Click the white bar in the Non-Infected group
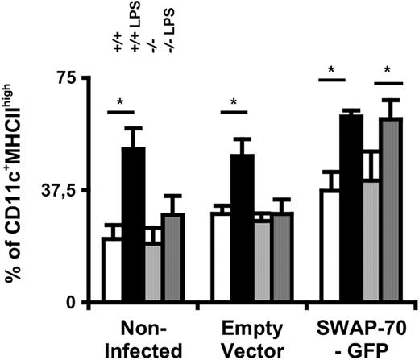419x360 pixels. (111, 270)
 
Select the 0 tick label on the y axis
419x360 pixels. (70, 302)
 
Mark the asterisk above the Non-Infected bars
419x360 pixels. (121, 101)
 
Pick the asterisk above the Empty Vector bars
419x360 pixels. (234, 102)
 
